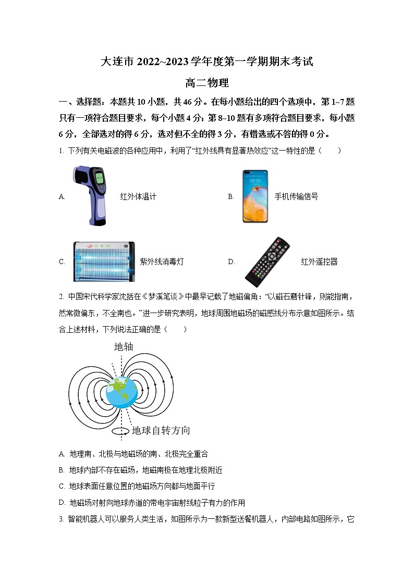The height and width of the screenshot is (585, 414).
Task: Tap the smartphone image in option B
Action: [x=255, y=196]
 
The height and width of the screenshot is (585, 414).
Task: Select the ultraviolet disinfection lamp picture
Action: [x=104, y=262]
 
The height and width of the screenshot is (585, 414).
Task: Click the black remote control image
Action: [x=267, y=262]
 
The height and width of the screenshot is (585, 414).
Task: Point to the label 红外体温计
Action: [x=138, y=196]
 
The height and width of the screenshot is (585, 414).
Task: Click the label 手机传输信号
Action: [x=296, y=196]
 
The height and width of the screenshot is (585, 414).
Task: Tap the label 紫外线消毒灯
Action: [x=162, y=262]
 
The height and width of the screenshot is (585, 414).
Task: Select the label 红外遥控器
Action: [x=319, y=262]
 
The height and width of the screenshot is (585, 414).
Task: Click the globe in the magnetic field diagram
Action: [x=121, y=392]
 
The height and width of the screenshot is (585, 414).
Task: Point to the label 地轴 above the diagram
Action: [x=124, y=347]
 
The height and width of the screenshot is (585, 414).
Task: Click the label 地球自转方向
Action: [x=161, y=430]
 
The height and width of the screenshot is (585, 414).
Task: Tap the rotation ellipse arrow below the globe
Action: [x=121, y=431]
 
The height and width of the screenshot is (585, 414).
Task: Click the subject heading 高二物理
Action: [x=207, y=83]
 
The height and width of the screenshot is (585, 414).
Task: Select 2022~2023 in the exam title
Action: [x=162, y=61]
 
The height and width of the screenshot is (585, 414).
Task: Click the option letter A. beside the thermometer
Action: [x=62, y=196]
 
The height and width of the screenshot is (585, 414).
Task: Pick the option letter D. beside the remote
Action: [x=232, y=262]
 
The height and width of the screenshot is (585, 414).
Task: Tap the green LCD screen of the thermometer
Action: [x=99, y=178]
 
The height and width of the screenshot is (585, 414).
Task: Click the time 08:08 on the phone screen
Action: [x=255, y=181]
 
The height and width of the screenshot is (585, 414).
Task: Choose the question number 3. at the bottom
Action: [x=61, y=519]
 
